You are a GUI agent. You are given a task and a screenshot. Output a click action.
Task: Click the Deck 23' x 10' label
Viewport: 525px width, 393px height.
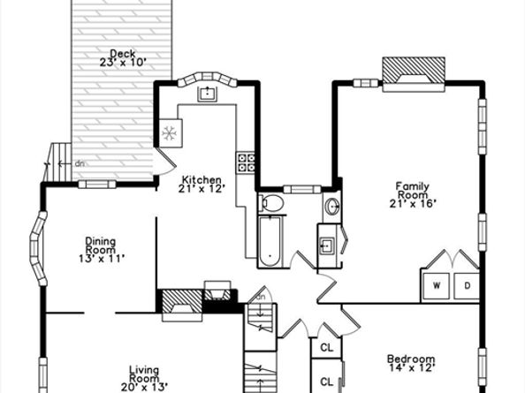123,58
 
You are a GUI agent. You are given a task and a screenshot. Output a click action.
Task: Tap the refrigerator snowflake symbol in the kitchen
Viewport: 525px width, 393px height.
170,133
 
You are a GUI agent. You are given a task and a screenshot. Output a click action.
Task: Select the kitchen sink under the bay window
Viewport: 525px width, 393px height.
207,94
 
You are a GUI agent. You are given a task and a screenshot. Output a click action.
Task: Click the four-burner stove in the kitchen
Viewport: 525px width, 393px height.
246,162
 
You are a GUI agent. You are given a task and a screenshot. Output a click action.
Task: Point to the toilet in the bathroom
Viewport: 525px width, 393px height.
271,203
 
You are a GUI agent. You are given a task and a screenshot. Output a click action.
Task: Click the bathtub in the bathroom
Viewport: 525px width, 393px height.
270,241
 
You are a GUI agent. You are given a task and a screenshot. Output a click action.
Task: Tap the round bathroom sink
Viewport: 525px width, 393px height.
332,207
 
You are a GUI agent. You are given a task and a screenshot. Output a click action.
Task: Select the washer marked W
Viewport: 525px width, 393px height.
437,286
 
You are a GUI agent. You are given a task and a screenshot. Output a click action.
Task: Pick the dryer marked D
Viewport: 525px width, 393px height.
467,286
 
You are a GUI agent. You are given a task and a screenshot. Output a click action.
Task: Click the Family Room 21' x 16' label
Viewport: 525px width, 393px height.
413,194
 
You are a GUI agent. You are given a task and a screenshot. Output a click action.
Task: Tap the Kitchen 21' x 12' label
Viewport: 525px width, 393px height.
201,185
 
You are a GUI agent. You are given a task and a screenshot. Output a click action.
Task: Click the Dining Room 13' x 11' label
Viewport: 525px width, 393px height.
101,250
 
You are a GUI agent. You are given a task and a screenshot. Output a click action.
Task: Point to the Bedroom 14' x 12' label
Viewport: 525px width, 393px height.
412,363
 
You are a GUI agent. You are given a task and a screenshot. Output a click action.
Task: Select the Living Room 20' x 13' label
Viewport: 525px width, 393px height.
144,379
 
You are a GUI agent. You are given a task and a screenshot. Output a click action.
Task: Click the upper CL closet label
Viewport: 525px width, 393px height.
327,347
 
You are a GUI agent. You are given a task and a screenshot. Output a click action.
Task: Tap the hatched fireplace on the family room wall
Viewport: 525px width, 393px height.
414,74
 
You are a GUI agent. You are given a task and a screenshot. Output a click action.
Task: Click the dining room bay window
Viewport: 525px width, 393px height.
38,248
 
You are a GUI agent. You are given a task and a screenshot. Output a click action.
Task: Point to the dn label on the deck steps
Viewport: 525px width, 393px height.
80,164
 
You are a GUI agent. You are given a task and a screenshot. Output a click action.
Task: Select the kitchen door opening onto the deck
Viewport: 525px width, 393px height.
164,162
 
